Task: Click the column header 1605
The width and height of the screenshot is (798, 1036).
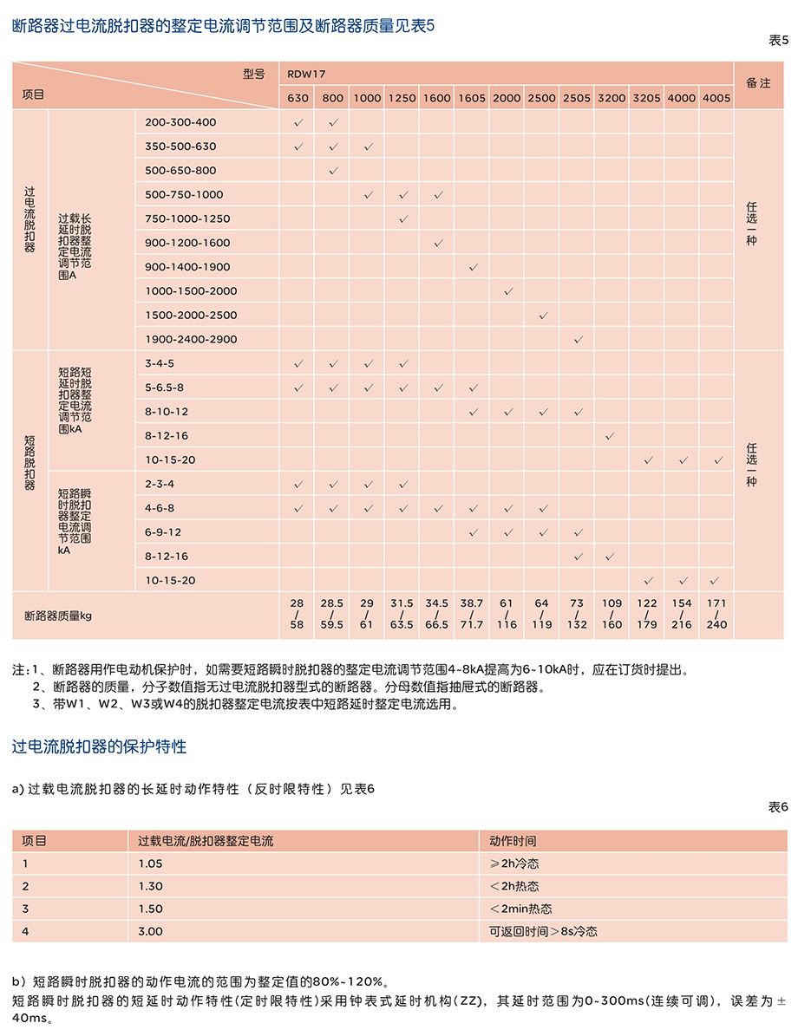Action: click(472, 98)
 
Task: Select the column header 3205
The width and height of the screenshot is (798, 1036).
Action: click(646, 98)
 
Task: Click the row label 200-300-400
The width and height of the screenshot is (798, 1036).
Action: click(180, 122)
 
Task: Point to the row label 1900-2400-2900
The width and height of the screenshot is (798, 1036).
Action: click(191, 339)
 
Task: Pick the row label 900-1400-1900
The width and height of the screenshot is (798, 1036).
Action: click(187, 267)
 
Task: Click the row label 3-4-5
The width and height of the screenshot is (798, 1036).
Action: click(160, 363)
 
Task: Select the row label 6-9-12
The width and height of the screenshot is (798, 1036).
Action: click(163, 532)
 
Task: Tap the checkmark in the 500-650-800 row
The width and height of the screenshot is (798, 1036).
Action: click(333, 171)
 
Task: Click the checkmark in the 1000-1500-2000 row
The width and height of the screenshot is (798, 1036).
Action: click(507, 291)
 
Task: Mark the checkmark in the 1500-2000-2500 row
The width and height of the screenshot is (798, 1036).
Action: click(542, 316)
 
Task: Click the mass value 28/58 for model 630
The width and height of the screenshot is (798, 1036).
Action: click(298, 614)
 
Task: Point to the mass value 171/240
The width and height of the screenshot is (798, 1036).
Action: click(716, 614)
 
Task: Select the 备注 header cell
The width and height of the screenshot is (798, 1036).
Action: click(758, 83)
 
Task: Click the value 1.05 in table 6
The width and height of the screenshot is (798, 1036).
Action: click(150, 863)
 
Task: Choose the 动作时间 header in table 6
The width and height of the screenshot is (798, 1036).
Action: click(513, 841)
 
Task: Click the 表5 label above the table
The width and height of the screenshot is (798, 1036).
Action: click(778, 41)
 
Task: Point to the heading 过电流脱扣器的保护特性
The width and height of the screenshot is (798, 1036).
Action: click(99, 746)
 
